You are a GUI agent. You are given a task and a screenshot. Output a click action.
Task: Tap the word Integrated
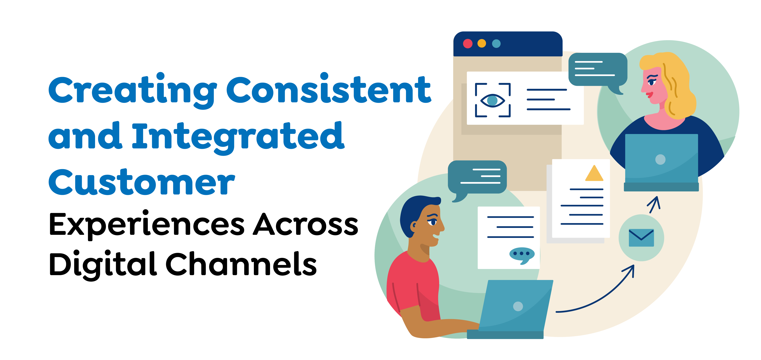coord(238,138)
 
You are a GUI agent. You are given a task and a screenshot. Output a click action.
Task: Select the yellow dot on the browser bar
coord(482,43)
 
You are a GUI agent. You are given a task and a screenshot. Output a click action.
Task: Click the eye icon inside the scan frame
coord(493,100)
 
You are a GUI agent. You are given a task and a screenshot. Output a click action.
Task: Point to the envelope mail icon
coord(641,238)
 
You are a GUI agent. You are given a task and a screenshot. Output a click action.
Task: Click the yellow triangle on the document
coord(594,173)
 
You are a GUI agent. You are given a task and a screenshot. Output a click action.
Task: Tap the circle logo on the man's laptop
coord(518,306)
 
